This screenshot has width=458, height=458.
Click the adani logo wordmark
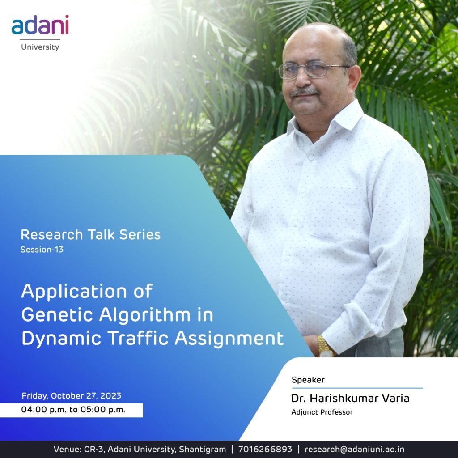[40, 25]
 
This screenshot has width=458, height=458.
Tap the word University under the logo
[40, 47]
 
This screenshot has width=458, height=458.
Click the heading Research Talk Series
[90, 235]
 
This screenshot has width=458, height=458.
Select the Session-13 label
[42, 250]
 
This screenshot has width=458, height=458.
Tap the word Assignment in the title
[229, 339]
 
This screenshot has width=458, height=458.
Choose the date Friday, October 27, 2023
[71, 396]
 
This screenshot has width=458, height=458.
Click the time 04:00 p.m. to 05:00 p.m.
[73, 410]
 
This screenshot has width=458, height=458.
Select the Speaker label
[308, 380]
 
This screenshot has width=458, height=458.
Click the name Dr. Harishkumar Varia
[350, 398]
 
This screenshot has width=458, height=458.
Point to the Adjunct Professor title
[322, 412]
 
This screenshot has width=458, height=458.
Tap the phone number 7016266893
[265, 449]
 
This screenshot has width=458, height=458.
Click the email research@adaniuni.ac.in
[355, 449]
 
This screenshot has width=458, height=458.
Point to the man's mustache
[304, 92]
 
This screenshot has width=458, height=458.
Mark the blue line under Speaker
[357, 388]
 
